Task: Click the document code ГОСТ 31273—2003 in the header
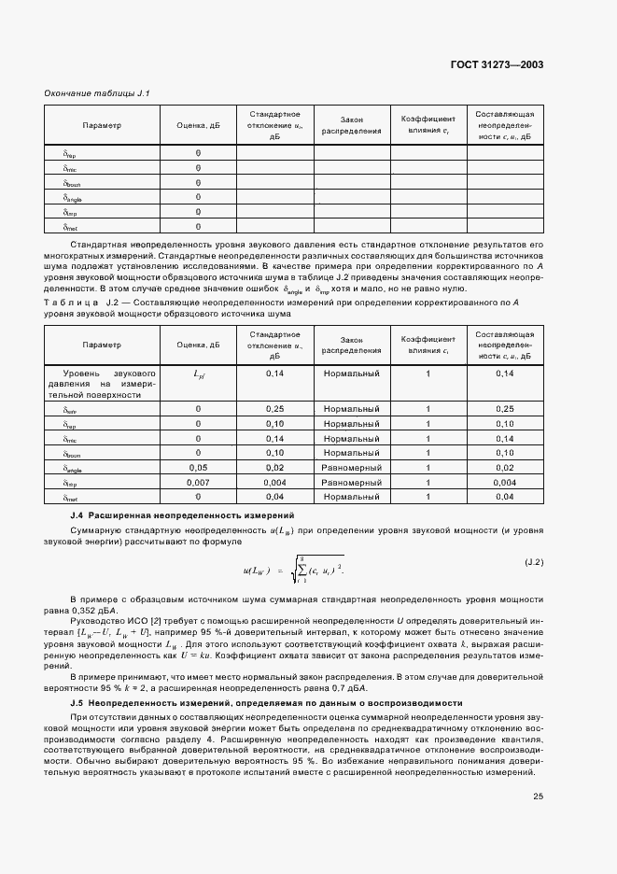(497, 64)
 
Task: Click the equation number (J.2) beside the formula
(533, 563)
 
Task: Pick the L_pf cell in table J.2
(198, 374)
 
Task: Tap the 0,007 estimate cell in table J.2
(198, 482)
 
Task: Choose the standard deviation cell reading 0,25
(274, 408)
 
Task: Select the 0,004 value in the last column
(504, 482)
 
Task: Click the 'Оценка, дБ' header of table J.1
(198, 125)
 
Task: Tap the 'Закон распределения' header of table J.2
(351, 345)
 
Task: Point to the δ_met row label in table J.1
(72, 226)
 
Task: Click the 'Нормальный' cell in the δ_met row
(351, 497)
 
